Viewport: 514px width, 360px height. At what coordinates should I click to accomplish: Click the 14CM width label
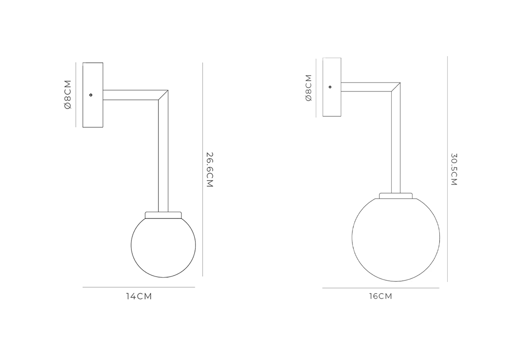139,296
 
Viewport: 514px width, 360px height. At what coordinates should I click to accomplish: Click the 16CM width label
380,296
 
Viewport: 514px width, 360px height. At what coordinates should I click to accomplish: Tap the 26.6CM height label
210,169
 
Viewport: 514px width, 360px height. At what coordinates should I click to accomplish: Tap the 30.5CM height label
454,169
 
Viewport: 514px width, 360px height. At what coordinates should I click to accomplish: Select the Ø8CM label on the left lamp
68,94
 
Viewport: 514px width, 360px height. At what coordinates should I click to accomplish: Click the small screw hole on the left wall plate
91,95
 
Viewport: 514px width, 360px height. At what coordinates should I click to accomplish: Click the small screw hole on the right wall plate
330,87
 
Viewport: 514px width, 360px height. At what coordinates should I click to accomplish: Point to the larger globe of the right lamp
395,239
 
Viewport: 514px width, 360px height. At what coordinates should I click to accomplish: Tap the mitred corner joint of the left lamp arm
163,95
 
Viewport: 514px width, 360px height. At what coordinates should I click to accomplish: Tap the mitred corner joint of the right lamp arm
395,87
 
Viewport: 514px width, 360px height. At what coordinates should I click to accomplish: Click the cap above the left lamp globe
163,214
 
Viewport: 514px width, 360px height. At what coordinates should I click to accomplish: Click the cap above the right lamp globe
395,196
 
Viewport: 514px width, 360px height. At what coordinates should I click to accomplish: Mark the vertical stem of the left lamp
163,156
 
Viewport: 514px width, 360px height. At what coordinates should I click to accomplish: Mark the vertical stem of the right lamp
395,142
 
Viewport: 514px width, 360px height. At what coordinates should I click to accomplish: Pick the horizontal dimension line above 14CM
139,287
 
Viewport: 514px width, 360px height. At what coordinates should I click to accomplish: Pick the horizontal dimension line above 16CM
380,288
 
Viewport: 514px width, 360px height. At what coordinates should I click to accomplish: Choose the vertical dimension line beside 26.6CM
202,169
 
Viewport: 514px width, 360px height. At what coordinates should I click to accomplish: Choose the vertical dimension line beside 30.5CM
447,169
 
